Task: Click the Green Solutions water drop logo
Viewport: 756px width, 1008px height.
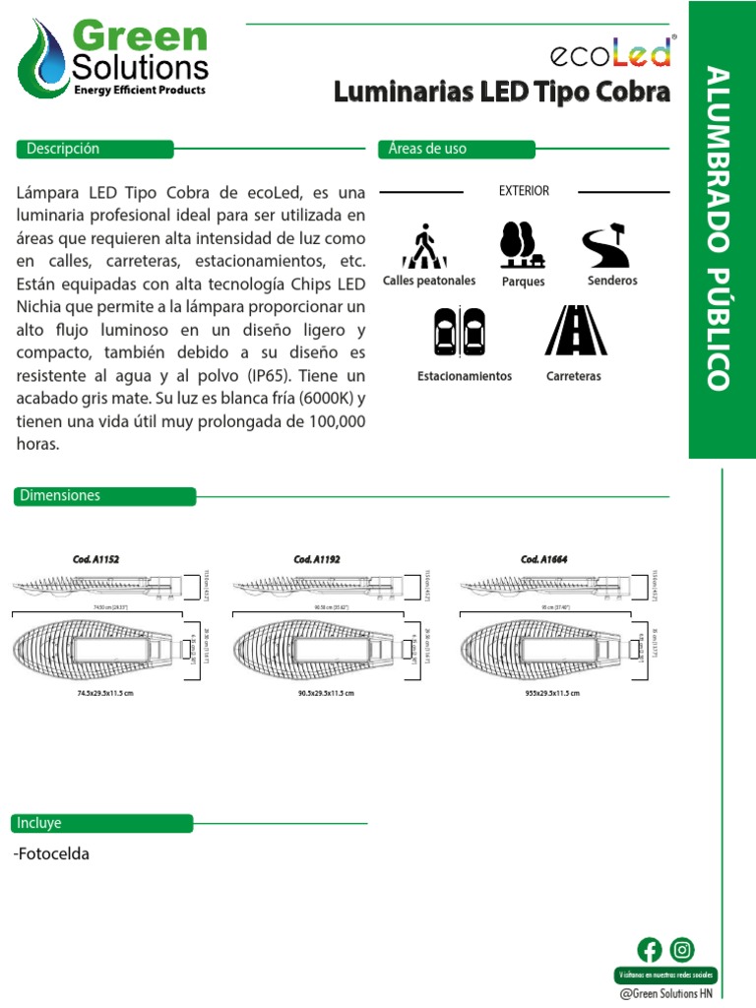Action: [x=40, y=58]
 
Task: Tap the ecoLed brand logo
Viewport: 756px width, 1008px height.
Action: [x=610, y=52]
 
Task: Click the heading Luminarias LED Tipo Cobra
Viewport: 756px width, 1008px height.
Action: [x=502, y=94]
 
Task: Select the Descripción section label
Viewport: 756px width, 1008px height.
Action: [x=57, y=149]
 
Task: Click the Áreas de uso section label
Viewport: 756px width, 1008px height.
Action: [x=427, y=149]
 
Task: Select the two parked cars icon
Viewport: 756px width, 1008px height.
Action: [x=460, y=332]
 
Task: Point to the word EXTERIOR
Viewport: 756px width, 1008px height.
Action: [x=524, y=191]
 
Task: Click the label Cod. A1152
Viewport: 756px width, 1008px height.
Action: [x=95, y=559]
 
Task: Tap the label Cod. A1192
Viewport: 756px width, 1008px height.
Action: [x=317, y=559]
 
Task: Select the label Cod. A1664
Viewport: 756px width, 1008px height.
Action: [x=544, y=559]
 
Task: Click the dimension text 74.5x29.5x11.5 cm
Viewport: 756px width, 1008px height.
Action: [x=104, y=694]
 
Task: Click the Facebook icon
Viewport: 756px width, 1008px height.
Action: [x=650, y=949]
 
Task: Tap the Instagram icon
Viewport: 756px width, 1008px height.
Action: [x=682, y=949]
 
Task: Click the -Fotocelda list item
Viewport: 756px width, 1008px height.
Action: [x=52, y=853]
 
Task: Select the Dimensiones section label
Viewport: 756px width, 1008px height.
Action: [x=59, y=496]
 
